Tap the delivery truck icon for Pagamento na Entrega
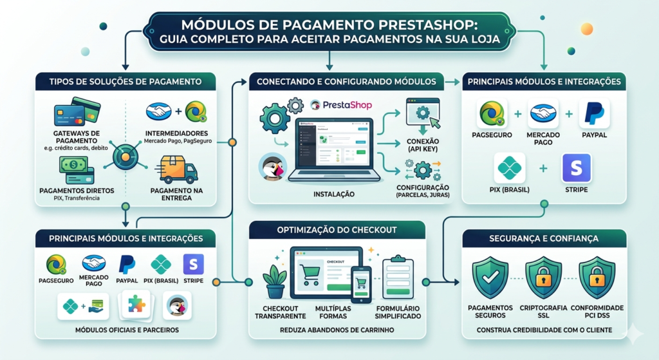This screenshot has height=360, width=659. [x=179, y=169]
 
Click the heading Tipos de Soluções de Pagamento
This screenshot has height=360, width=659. [x=125, y=82]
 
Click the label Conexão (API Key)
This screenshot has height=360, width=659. [x=422, y=146]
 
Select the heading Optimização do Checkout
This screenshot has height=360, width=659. [x=337, y=231]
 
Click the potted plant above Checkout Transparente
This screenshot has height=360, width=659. [x=275, y=281]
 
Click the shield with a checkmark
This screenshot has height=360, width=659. [x=490, y=278]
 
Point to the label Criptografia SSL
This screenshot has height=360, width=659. [x=544, y=312]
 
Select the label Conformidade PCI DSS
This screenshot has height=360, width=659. [x=597, y=312]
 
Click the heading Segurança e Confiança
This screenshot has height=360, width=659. [x=544, y=238]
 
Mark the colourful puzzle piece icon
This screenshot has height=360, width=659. [x=136, y=303]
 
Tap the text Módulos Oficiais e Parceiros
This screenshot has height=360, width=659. [x=125, y=330]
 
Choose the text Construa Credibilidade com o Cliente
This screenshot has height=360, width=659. [x=544, y=330]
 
